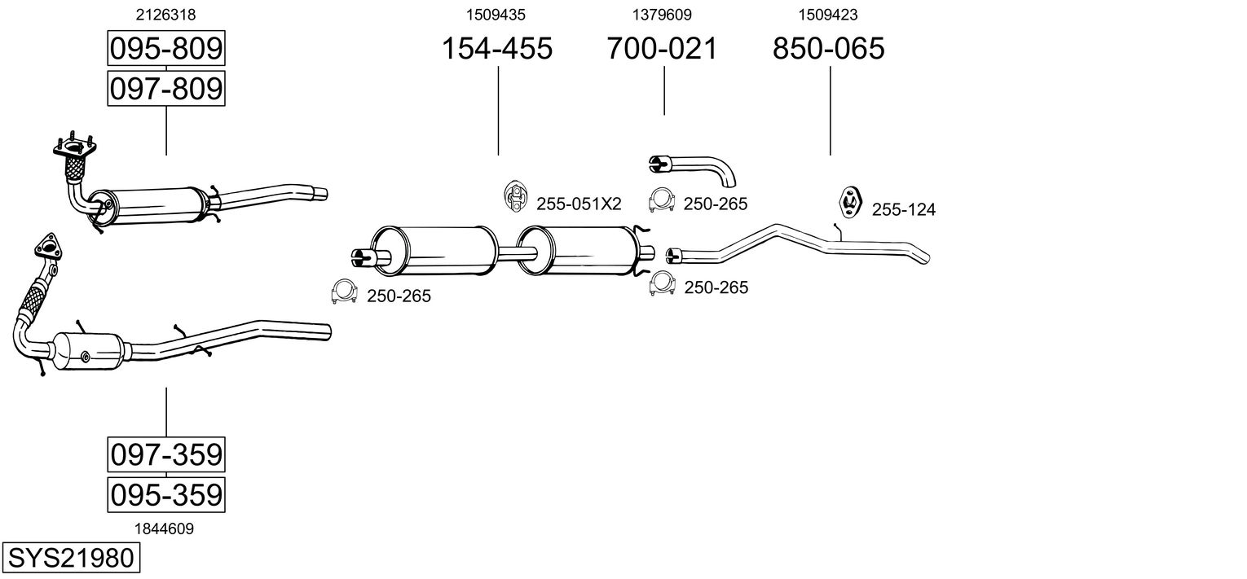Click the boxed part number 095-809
click(x=165, y=49)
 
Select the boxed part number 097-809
click(x=165, y=88)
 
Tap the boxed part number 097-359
click(x=165, y=454)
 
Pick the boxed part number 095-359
click(x=165, y=494)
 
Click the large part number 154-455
click(x=496, y=49)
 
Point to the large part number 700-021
click(x=662, y=49)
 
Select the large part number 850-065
click(x=828, y=49)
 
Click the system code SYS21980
click(x=70, y=559)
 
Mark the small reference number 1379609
click(x=662, y=15)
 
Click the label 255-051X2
click(x=579, y=204)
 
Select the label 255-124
click(x=904, y=210)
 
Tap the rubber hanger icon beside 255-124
click(x=851, y=202)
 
